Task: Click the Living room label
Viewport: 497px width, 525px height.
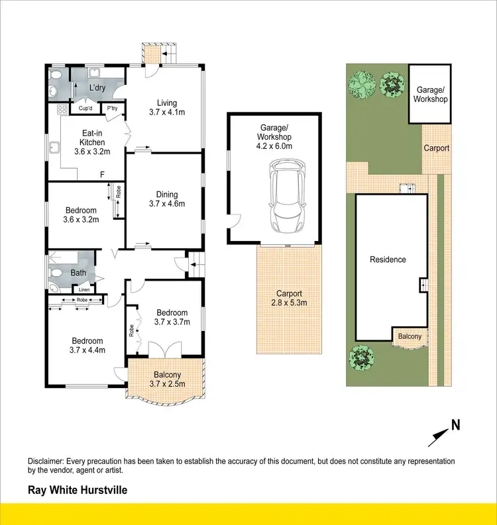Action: [x=167, y=107]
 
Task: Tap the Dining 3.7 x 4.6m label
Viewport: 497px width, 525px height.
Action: [x=167, y=199]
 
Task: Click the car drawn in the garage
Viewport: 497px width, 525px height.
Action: [x=287, y=198]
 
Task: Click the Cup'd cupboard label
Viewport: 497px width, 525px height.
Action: [x=85, y=109]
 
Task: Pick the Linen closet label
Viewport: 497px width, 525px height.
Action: [x=84, y=289]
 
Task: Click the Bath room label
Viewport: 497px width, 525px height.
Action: [x=78, y=272]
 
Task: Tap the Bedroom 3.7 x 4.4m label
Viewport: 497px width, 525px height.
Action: [x=88, y=346]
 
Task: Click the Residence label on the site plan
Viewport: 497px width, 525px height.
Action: [x=388, y=260]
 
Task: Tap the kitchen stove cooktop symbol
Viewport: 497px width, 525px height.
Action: [x=64, y=109]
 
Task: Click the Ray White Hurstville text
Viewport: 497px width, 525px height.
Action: [x=77, y=491]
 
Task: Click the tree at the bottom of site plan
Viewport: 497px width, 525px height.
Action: [x=362, y=358]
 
